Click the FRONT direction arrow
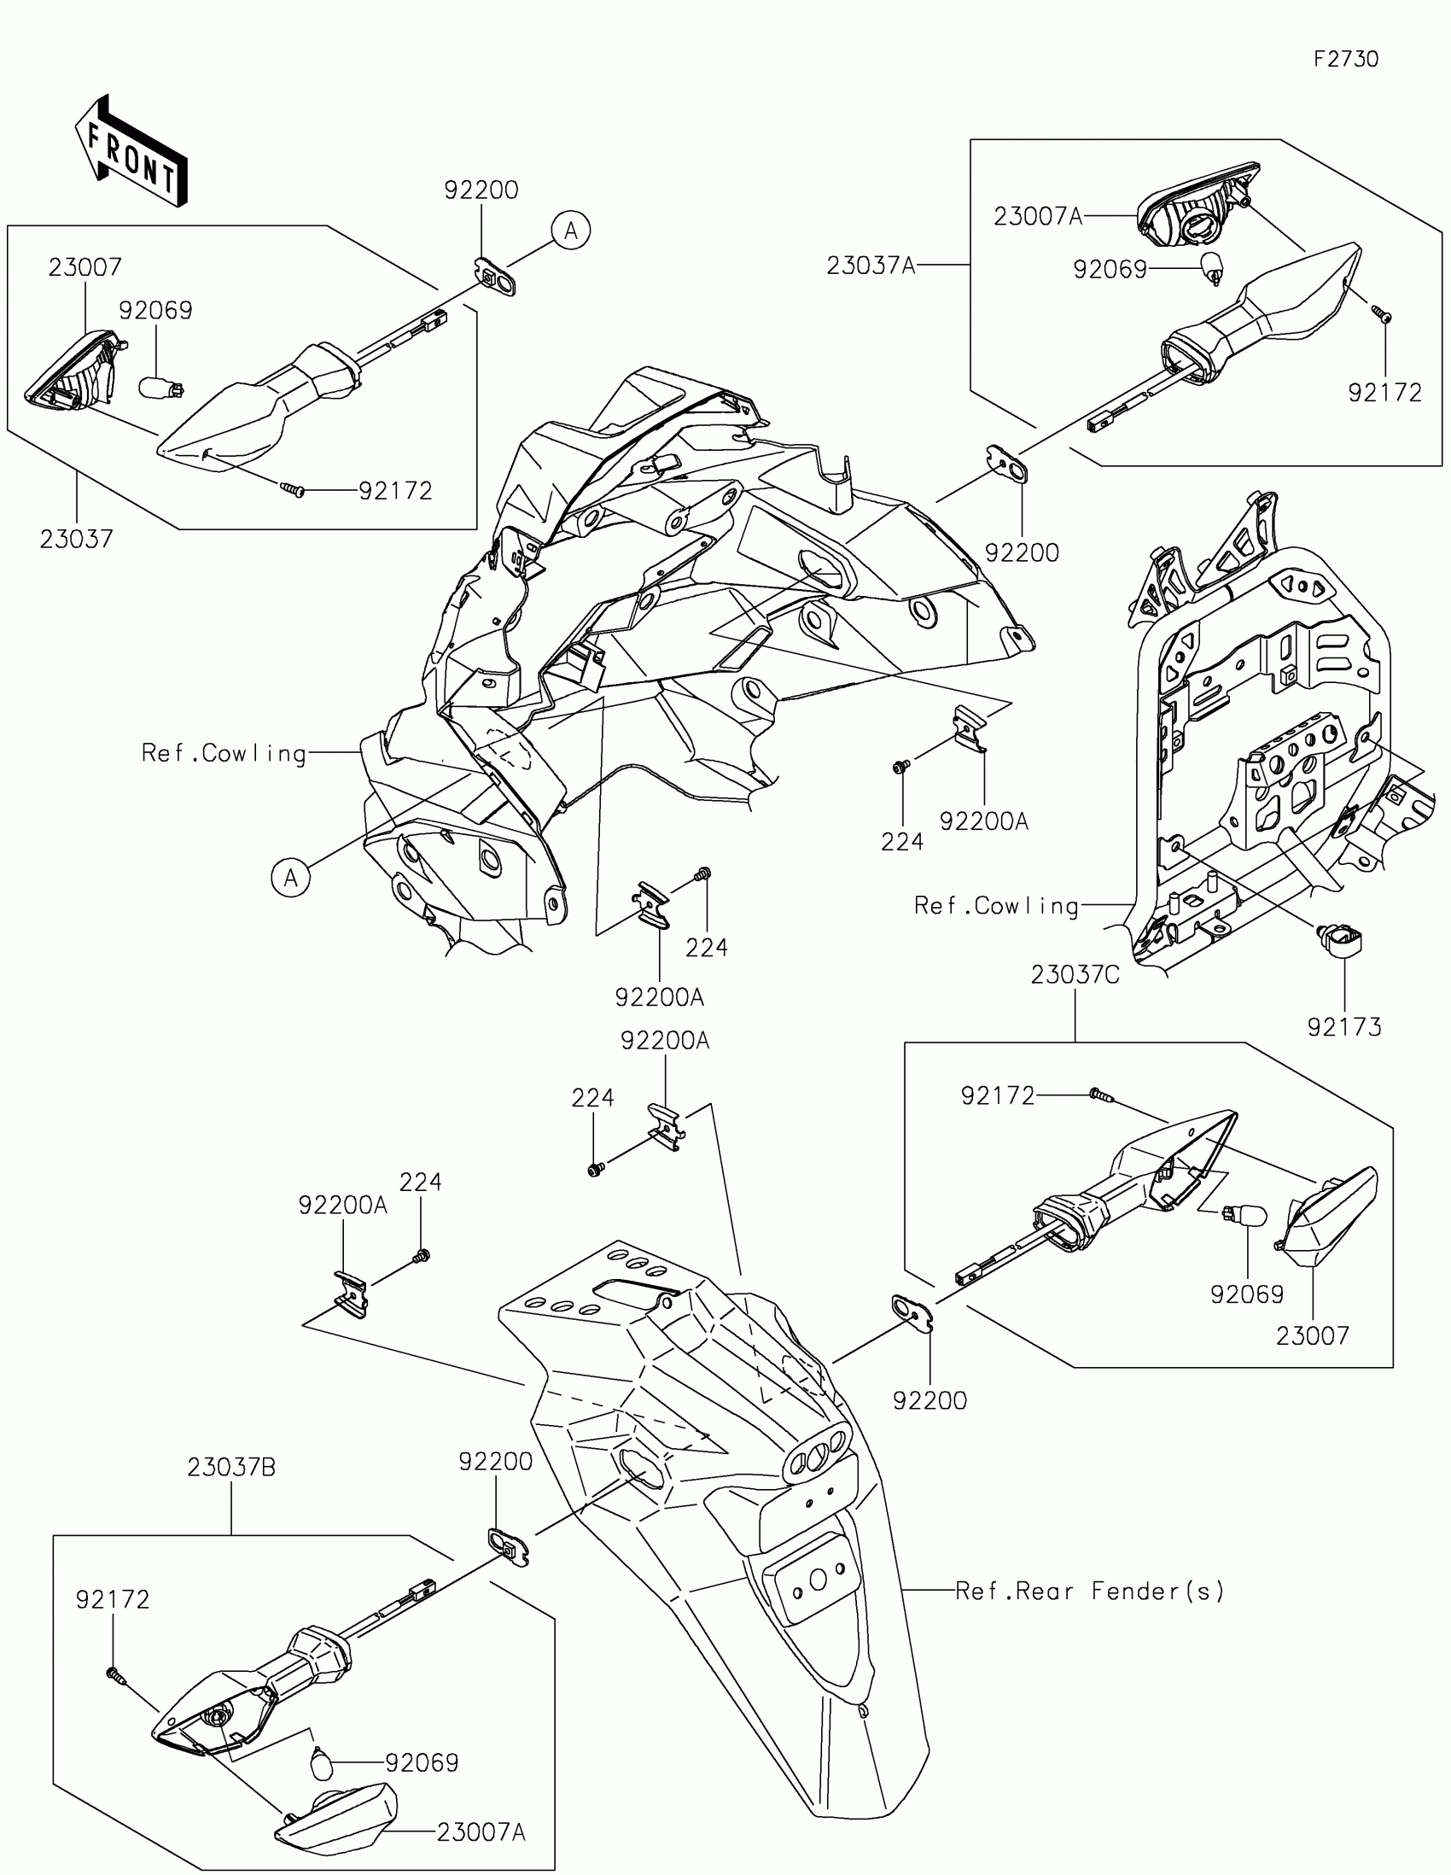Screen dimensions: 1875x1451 tap(132, 151)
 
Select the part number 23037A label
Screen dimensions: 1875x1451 tap(871, 266)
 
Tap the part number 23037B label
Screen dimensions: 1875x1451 tap(231, 1467)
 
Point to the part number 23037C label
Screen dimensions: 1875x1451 tap(1075, 975)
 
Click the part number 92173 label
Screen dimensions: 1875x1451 tap(1343, 1027)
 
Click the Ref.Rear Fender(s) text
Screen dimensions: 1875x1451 tap(1090, 1591)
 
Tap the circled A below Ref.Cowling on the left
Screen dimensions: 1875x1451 tap(291, 879)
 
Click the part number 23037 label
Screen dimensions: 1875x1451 tap(76, 539)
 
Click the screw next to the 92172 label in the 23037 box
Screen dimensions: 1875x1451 tap(293, 489)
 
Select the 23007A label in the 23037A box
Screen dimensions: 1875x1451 tap(1037, 216)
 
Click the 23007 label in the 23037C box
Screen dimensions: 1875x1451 tap(1313, 1335)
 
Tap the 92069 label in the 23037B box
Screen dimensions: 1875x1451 tap(422, 1762)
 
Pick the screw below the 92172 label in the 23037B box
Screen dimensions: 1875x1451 tap(114, 1673)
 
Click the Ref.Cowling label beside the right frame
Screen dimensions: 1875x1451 tap(996, 905)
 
